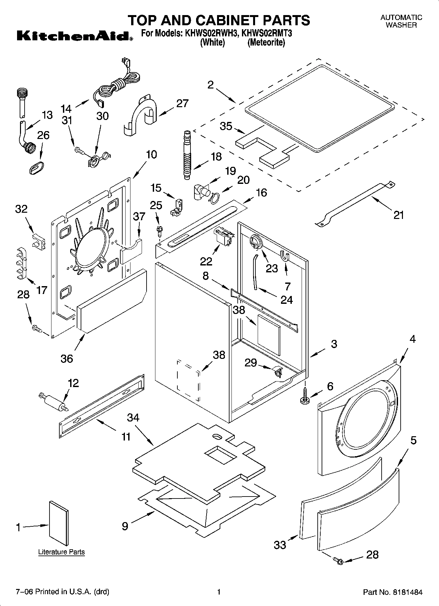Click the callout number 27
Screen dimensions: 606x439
click(182, 103)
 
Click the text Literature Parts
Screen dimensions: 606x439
click(61, 552)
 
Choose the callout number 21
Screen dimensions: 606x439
click(398, 215)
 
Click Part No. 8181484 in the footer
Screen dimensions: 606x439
click(392, 592)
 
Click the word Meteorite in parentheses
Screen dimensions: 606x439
click(266, 43)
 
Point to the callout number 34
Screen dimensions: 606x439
click(133, 417)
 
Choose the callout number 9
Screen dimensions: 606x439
click(125, 526)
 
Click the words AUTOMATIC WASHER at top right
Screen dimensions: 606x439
click(401, 21)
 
